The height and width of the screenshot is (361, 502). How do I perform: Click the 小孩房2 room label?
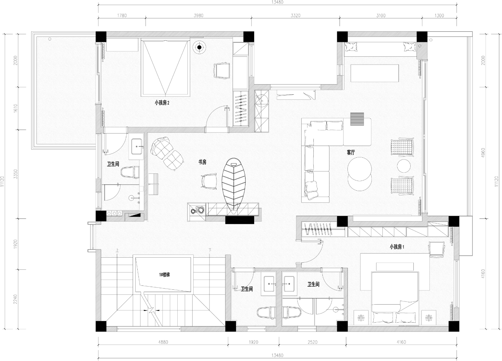coord(162,103)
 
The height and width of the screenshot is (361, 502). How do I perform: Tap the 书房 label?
coord(202,162)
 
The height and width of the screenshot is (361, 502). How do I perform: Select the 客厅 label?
coord(351,153)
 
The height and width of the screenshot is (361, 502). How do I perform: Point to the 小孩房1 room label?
coord(397,247)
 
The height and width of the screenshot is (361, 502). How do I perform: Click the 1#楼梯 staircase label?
coord(164,274)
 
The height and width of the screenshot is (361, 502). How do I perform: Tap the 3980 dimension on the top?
coord(198,15)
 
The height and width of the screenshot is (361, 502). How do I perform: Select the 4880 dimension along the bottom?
coord(163,342)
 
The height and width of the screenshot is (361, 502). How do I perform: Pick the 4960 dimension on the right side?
coord(483,153)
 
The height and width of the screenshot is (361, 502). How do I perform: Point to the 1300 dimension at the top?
coord(439,15)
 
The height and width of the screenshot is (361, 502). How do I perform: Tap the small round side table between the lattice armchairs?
coord(404,166)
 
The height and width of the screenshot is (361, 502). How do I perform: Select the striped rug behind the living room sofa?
coord(357,119)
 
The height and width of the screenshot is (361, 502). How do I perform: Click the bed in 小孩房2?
coord(166,68)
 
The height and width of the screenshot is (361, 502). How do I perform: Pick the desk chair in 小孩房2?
coord(222,71)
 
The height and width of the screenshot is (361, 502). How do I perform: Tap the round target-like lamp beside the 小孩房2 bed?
coord(199,47)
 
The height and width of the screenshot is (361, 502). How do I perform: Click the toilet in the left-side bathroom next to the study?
coord(130,172)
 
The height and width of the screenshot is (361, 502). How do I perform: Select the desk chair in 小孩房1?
coord(437,249)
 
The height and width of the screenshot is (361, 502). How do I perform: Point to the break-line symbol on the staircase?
coord(151,310)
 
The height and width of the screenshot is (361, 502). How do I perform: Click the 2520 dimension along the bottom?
coord(313,342)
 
